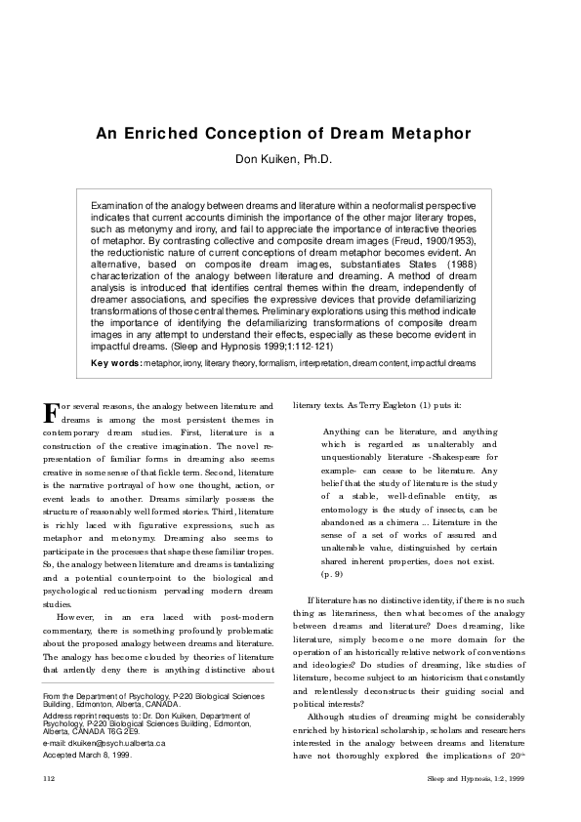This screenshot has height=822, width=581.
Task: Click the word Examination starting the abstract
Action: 121,206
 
